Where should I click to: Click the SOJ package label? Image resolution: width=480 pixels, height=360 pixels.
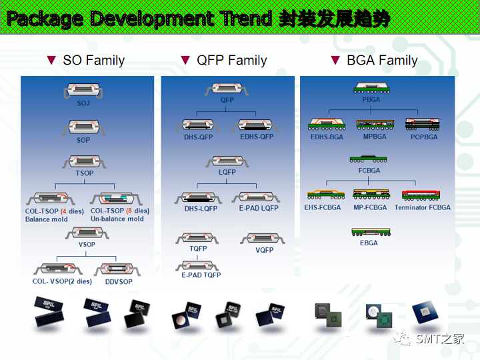pos(83,103)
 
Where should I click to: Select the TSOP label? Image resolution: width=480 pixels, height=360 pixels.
pos(85,173)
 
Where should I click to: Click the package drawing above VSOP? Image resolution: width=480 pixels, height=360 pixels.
pos(86,233)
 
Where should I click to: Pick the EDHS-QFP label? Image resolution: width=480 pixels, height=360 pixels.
pos(257,137)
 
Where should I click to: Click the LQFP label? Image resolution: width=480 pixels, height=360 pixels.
pos(227,172)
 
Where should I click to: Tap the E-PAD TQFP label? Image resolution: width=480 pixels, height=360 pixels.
pos(201,275)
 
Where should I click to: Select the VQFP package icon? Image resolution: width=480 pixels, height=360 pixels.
pos(264,239)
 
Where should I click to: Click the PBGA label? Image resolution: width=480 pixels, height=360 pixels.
pos(371,99)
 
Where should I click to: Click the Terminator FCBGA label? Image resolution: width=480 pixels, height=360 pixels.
pos(422,207)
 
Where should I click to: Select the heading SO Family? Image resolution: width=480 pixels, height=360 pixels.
pos(93,61)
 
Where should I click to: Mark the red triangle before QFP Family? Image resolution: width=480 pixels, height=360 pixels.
pos(185,61)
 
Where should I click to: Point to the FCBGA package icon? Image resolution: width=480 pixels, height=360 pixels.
pos(369,159)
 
